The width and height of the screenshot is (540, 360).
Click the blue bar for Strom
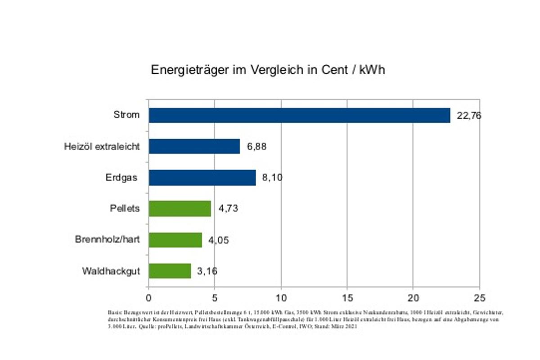(299, 115)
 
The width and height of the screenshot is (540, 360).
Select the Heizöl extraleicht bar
(194, 146)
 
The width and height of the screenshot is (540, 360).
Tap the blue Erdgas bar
(202, 177)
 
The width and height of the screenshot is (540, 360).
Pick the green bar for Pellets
(180, 209)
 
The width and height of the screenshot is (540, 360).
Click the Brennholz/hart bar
(175, 240)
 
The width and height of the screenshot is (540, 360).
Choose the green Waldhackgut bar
(170, 271)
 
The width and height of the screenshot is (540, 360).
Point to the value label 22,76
(469, 116)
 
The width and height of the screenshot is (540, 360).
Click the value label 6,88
(257, 147)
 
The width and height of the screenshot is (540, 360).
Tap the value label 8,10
(272, 178)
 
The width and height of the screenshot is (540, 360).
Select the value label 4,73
(228, 209)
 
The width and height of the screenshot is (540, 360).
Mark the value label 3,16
(207, 271)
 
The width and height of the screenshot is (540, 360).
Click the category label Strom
(126, 115)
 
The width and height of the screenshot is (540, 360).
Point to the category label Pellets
(125, 208)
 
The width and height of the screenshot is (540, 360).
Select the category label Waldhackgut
(111, 271)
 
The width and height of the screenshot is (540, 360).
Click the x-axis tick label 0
(148, 297)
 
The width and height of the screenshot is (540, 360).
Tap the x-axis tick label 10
(281, 297)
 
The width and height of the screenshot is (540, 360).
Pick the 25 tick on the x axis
(479, 297)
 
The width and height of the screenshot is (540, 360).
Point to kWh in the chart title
(372, 71)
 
